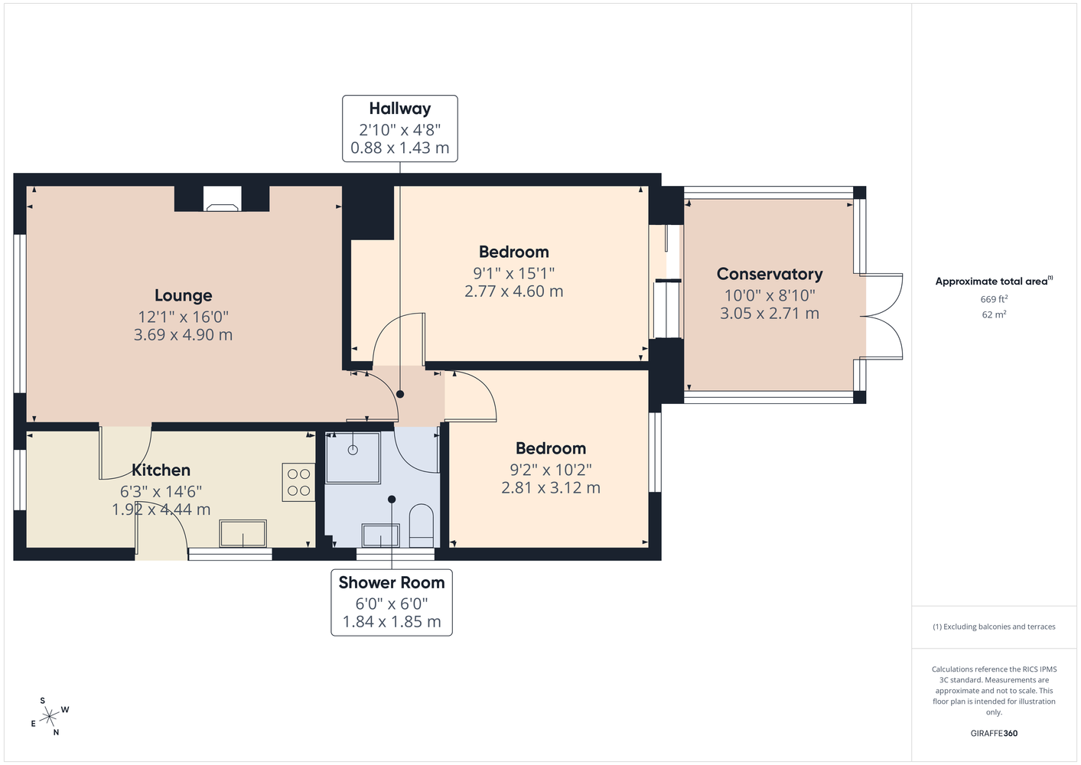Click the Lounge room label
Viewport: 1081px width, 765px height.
tap(184, 295)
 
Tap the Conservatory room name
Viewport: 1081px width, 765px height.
tap(770, 274)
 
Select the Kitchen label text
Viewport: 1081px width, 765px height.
tap(161, 470)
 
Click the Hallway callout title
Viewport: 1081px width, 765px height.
tap(400, 109)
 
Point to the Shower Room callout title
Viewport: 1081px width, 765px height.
tap(392, 583)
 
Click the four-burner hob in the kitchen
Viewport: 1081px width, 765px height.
tap(298, 482)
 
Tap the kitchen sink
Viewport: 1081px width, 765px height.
tap(243, 533)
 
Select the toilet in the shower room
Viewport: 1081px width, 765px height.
tap(422, 526)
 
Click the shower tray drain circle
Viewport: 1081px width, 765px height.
tap(353, 450)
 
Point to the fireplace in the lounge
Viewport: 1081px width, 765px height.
tap(222, 199)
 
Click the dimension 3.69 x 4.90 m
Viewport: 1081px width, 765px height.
tap(184, 334)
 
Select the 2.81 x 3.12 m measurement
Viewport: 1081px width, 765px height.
tap(551, 487)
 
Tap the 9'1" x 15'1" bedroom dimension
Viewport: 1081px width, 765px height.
tap(514, 274)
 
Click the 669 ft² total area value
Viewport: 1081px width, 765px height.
tap(994, 299)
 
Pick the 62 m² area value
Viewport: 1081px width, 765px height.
tap(994, 314)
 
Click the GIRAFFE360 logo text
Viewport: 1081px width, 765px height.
tap(994, 733)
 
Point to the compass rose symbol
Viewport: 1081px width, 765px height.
tap(50, 717)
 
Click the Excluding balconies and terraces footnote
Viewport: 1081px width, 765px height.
tap(994, 627)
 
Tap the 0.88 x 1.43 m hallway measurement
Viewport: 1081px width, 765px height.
tap(400, 148)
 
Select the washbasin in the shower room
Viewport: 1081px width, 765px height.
tap(381, 535)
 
